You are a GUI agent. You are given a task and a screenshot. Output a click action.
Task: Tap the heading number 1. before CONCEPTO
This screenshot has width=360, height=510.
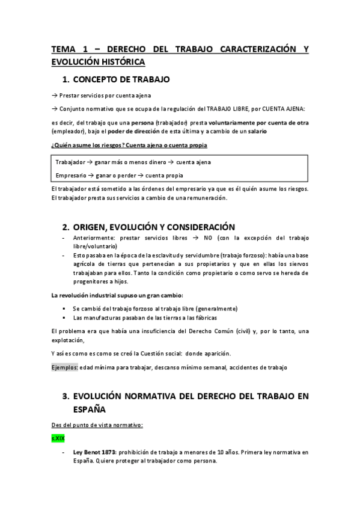point(67,79)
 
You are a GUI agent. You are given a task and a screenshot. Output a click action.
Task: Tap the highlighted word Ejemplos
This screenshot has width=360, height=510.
point(64,367)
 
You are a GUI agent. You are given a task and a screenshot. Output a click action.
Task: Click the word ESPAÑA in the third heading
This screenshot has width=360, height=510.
point(89,410)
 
